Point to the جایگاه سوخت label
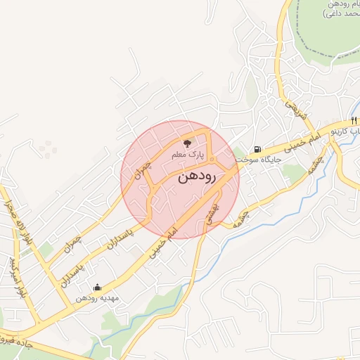pos(259,160)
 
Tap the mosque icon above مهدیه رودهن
pos(97,287)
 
